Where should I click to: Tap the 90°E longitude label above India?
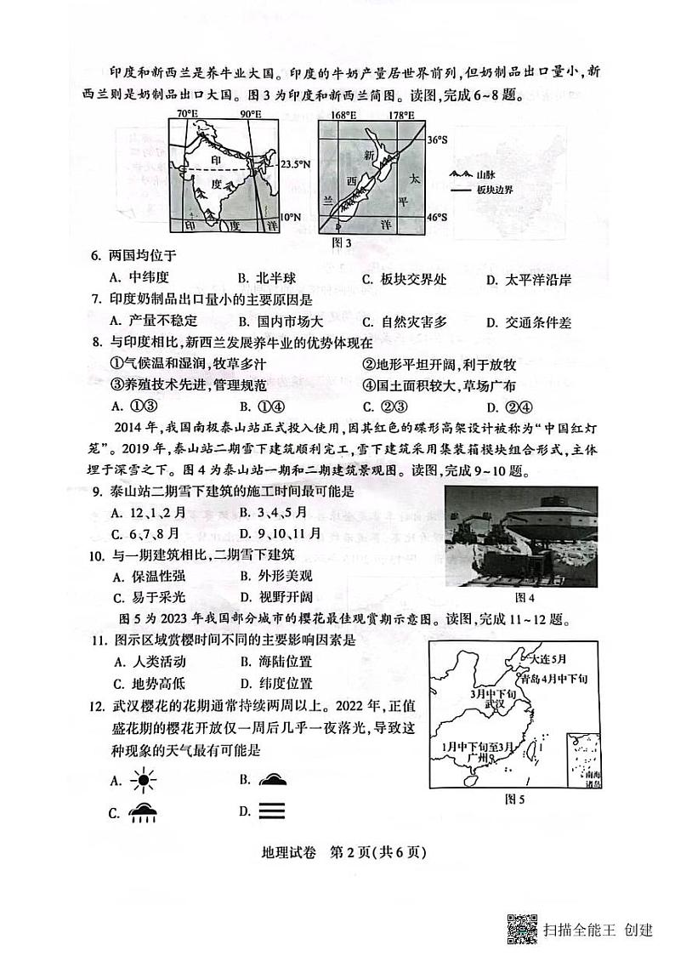[x=250, y=114]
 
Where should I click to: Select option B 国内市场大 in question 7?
[x=282, y=322]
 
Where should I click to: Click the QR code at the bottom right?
[x=522, y=929]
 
